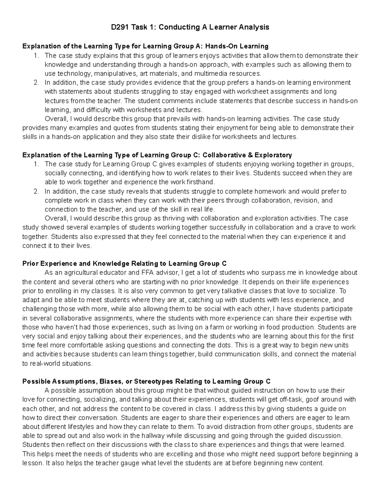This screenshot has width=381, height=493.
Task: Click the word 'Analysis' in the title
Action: tap(253, 27)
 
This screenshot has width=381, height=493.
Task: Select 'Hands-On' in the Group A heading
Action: tap(217, 46)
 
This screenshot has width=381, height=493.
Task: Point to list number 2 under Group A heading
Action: tap(37, 83)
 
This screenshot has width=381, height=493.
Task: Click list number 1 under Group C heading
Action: tap(37, 164)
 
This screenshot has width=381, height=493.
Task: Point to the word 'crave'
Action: tap(321, 228)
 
